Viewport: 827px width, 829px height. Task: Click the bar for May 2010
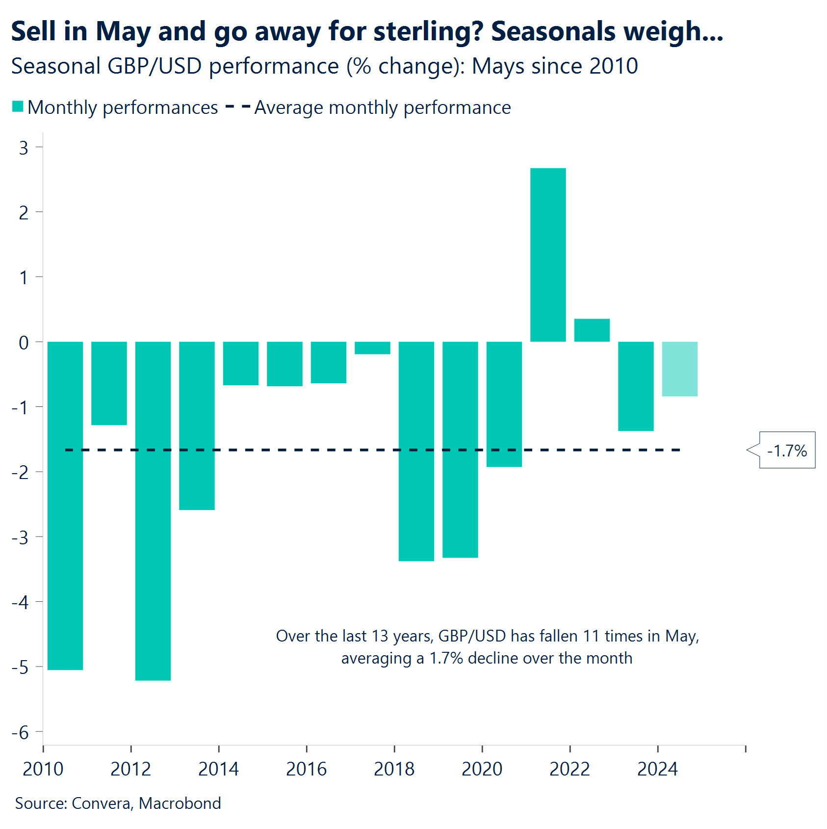tap(65, 506)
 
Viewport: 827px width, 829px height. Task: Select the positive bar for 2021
tap(548, 255)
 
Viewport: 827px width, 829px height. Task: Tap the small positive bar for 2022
tap(592, 330)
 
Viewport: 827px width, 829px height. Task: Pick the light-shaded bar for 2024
tap(680, 369)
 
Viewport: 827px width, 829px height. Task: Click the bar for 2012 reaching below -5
tap(153, 511)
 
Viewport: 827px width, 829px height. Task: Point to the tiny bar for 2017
tap(372, 348)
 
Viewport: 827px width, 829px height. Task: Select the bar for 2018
tap(416, 451)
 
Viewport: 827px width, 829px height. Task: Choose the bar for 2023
tap(636, 386)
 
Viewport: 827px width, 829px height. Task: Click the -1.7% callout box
tap(787, 450)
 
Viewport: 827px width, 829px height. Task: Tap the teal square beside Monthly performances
tap(18, 107)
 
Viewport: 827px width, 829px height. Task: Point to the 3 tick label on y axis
tap(24, 148)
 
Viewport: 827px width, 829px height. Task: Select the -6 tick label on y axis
tap(21, 733)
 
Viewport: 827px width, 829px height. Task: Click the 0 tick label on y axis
tap(24, 343)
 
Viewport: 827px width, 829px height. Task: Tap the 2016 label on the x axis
tap(306, 769)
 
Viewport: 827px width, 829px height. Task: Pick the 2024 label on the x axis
tap(657, 769)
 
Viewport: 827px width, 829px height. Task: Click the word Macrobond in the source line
tap(180, 803)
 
